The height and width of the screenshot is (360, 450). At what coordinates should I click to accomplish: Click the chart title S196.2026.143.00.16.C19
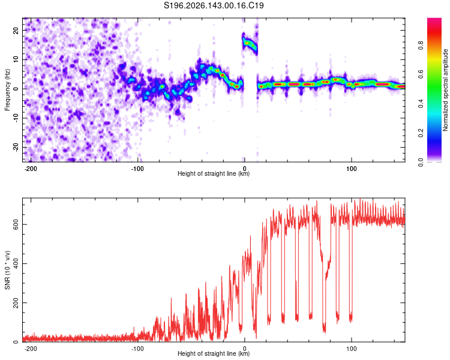pyautogui.click(x=214, y=5)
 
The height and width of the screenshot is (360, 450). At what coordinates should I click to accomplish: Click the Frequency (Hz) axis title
pyautogui.click(x=7, y=90)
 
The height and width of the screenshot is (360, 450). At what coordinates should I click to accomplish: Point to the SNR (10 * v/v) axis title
pyautogui.click(x=7, y=270)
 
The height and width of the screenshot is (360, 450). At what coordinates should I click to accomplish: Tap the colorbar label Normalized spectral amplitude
pyautogui.click(x=445, y=90)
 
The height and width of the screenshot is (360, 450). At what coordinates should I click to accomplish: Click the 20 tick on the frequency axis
pyautogui.click(x=16, y=30)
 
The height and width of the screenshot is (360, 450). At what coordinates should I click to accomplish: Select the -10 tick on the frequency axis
pyautogui.click(x=16, y=118)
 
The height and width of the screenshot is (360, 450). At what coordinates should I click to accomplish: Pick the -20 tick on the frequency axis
pyautogui.click(x=16, y=147)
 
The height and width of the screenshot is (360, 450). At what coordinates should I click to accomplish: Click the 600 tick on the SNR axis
pyautogui.click(x=16, y=224)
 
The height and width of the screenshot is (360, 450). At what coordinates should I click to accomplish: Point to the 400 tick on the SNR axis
pyautogui.click(x=16, y=263)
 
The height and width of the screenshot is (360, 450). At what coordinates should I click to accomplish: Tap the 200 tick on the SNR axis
pyautogui.click(x=16, y=302)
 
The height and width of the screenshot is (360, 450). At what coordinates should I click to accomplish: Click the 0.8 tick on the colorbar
pyautogui.click(x=421, y=46)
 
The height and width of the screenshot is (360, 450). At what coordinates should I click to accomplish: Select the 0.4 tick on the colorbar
pyautogui.click(x=421, y=104)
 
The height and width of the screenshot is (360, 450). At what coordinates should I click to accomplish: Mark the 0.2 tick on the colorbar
pyautogui.click(x=421, y=133)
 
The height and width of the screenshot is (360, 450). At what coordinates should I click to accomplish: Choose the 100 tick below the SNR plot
pyautogui.click(x=351, y=349)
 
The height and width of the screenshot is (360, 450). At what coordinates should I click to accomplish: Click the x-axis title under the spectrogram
pyautogui.click(x=214, y=173)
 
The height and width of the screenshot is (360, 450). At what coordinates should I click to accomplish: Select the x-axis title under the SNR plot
pyautogui.click(x=214, y=353)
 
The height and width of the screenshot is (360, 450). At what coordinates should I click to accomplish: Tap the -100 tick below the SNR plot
pyautogui.click(x=137, y=349)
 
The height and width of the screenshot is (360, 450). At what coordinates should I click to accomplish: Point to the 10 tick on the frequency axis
pyautogui.click(x=16, y=59)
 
